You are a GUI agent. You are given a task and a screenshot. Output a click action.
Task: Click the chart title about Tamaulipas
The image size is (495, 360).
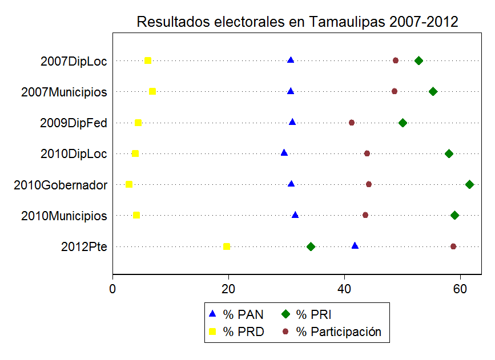click(x=297, y=22)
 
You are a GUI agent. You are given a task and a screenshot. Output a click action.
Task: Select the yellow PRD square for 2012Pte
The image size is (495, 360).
click(x=227, y=246)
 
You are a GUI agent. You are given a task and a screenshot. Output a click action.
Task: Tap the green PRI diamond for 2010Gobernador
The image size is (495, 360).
click(x=469, y=184)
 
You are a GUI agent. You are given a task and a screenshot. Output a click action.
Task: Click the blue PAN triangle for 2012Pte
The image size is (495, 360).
click(x=355, y=246)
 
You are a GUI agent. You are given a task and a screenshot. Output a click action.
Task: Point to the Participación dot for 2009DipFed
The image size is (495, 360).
click(x=352, y=123)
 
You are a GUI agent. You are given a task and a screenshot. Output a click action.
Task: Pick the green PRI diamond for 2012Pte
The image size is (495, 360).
click(x=311, y=246)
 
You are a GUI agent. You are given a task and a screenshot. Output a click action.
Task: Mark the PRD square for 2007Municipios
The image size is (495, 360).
click(x=152, y=91)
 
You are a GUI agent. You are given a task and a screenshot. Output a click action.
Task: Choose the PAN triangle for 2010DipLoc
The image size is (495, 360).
click(x=284, y=153)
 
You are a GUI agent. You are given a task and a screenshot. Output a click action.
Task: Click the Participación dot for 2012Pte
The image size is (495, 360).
click(x=453, y=246)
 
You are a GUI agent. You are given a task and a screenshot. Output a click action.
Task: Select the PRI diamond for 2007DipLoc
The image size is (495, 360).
click(x=418, y=60)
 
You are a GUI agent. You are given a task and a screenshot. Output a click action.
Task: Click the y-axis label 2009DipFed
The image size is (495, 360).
click(x=73, y=123)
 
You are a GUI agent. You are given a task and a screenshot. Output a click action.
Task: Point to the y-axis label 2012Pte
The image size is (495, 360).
click(x=84, y=246)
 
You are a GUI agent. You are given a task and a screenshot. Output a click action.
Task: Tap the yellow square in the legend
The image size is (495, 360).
click(x=212, y=331)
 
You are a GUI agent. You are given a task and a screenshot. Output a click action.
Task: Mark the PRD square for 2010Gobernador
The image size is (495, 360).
click(x=129, y=184)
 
